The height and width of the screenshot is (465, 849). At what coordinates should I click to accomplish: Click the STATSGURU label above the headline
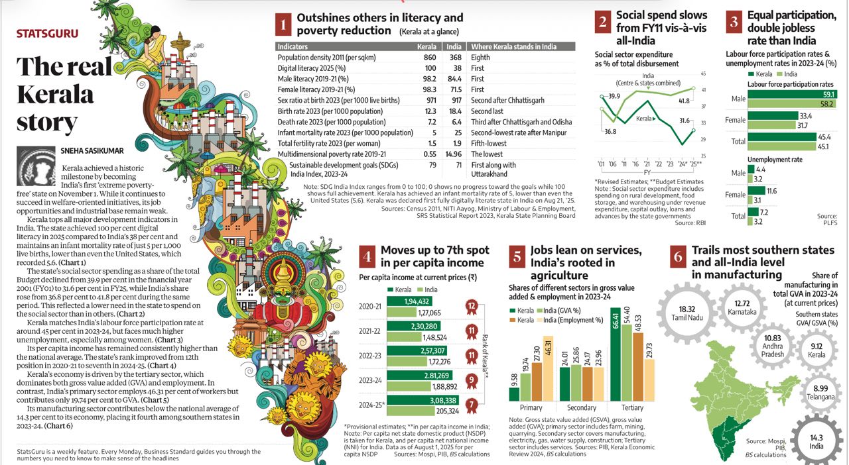[x=47, y=32]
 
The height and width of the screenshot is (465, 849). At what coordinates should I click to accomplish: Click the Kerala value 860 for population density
[x=429, y=58]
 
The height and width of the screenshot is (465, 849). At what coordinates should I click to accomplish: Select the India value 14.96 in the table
[x=454, y=154]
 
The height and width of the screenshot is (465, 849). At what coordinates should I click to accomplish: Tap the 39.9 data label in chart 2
[x=614, y=96]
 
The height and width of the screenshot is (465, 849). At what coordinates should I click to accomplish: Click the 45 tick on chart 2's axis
[x=702, y=74]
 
